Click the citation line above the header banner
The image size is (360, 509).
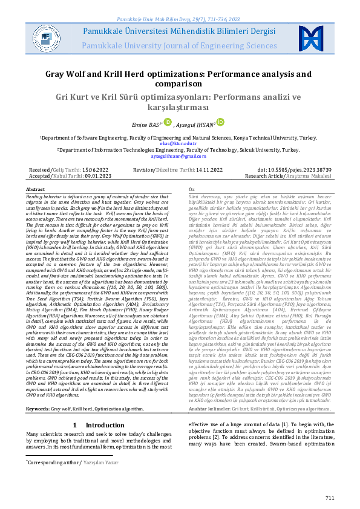(180, 4)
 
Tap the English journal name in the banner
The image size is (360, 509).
(180, 45)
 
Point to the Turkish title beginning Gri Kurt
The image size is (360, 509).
(180, 103)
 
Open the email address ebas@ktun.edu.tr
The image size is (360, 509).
(180, 144)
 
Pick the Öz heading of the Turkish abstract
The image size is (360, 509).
(192, 189)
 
